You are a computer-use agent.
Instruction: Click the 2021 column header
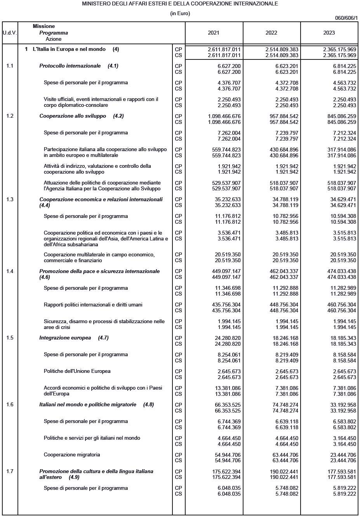(x=214, y=33)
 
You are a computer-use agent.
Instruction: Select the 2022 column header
(x=271, y=33)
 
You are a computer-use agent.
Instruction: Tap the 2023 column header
(x=329, y=33)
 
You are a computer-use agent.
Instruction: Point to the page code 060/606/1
(x=346, y=18)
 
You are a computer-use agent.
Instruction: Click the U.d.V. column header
(x=10, y=33)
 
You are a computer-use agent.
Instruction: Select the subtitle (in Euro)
(x=180, y=14)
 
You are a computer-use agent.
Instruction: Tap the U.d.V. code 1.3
(x=10, y=200)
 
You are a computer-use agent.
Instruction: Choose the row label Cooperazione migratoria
(x=72, y=455)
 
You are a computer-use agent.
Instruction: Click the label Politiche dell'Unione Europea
(x=77, y=371)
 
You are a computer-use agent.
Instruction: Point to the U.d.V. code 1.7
(x=10, y=472)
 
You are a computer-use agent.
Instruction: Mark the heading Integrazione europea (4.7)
(x=74, y=338)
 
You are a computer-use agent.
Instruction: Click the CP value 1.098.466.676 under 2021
(x=224, y=116)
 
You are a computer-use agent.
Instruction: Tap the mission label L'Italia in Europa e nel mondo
(x=69, y=49)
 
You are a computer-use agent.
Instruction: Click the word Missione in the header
(x=43, y=26)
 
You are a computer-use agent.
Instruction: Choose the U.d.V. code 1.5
(x=10, y=338)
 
